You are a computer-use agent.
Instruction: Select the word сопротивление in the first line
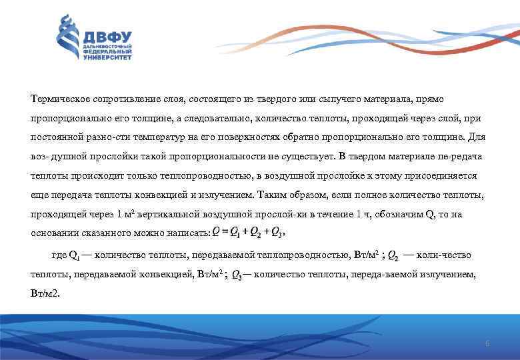[115, 98]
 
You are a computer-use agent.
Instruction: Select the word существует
[245, 157]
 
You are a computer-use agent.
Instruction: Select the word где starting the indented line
[59, 255]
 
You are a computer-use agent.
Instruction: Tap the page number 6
[487, 343]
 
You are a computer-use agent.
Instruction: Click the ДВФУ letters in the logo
[107, 37]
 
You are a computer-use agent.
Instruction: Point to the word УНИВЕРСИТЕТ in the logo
[107, 57]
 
